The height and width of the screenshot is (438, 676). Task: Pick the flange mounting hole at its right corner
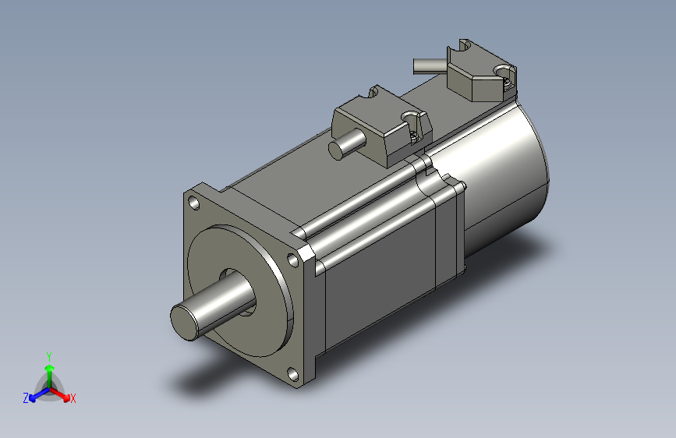[294, 260]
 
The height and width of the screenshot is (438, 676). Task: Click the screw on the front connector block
[412, 119]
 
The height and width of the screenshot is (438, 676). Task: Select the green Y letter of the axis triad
[48, 355]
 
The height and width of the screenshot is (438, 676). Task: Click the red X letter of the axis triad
[73, 398]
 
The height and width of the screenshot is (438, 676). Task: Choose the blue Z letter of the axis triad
[26, 398]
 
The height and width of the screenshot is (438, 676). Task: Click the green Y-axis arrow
[49, 369]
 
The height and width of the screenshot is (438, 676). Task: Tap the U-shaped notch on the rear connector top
[465, 46]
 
